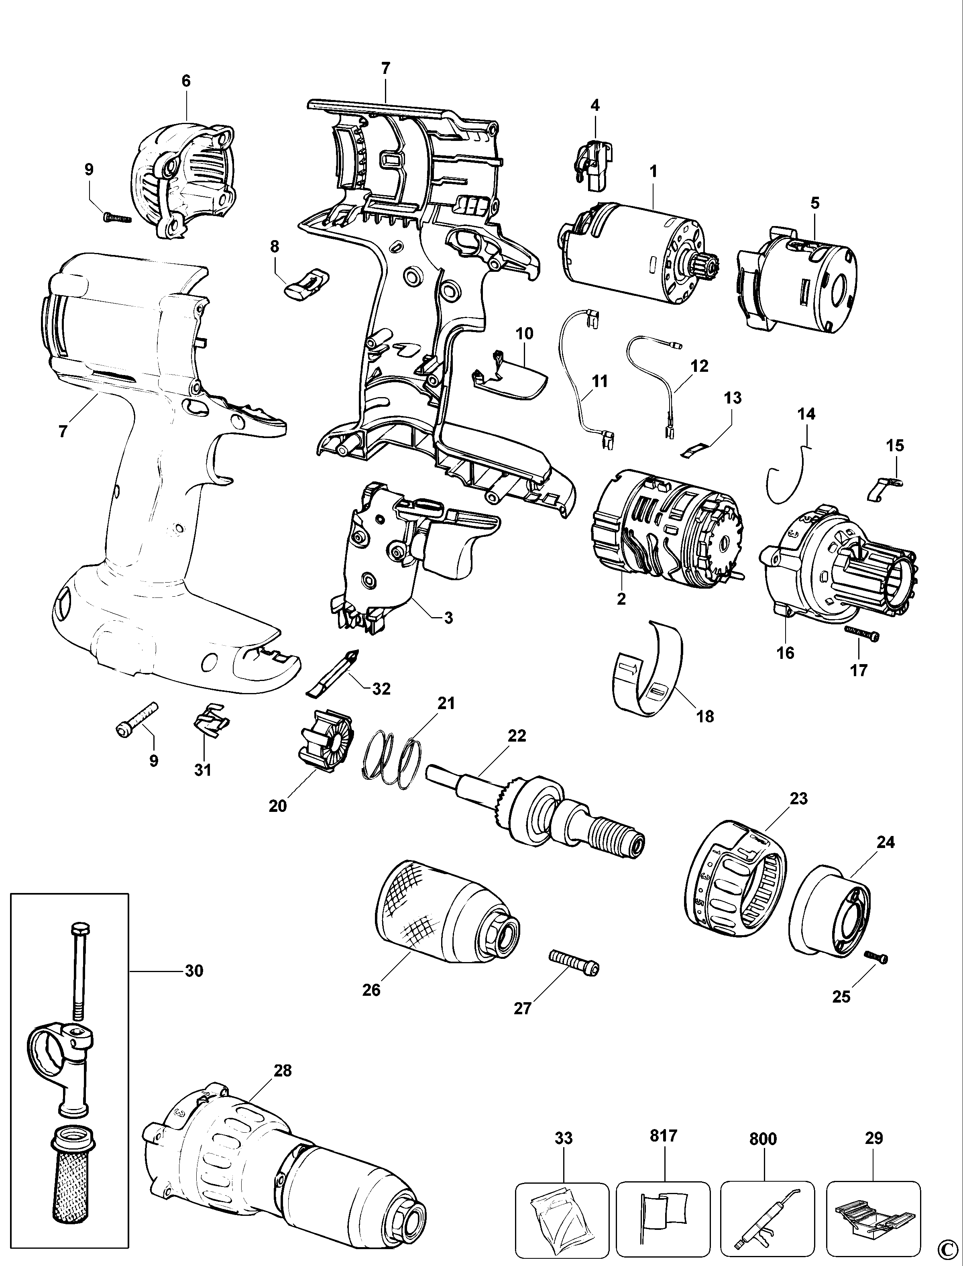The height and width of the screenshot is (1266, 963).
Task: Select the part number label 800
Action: (762, 1138)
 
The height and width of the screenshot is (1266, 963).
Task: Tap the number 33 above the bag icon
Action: (564, 1138)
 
